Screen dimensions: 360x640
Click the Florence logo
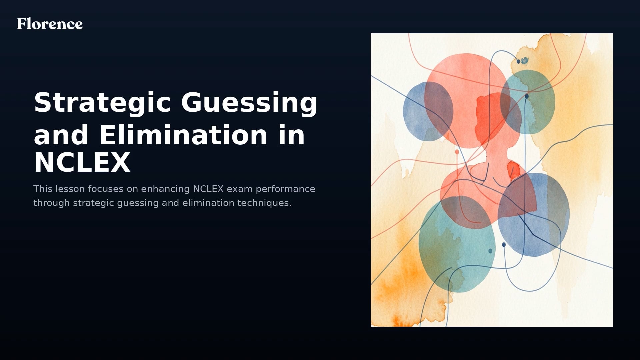coord(50,24)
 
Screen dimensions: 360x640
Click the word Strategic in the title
coord(102,103)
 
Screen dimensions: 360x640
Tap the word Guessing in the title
coord(249,103)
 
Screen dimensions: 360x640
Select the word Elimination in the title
coord(183,135)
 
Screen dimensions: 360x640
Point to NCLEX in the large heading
coord(82,163)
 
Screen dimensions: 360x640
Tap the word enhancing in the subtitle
coord(165,189)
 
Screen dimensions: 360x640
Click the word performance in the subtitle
coord(285,189)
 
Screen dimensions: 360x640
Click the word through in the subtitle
coord(52,203)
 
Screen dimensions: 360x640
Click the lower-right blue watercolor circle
coord(543,227)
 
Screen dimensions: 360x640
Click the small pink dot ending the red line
coord(457,152)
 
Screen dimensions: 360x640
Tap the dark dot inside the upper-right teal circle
coord(527,96)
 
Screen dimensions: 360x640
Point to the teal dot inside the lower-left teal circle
coord(490,251)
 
